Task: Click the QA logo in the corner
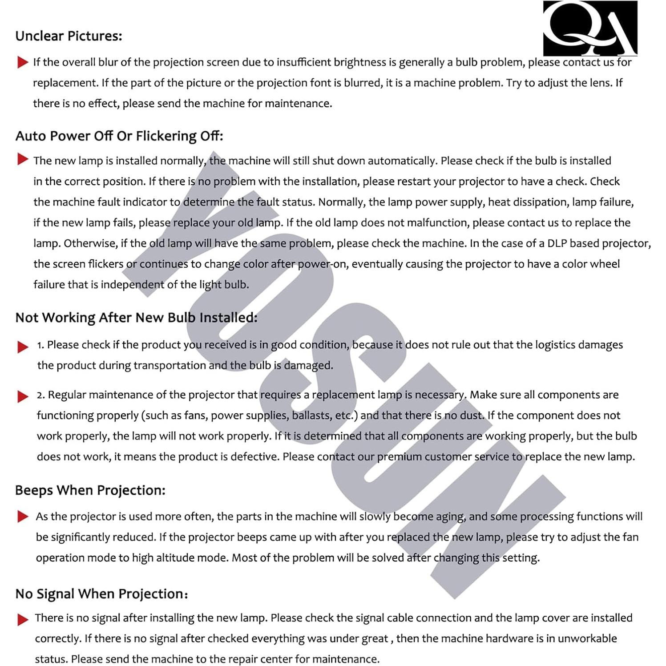pyautogui.click(x=590, y=28)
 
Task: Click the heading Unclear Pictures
pyautogui.click(x=69, y=36)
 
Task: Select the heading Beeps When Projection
pyautogui.click(x=90, y=490)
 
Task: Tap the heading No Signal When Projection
pyautogui.click(x=101, y=594)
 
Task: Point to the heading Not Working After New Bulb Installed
pyautogui.click(x=136, y=318)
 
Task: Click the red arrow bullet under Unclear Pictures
pyautogui.click(x=23, y=62)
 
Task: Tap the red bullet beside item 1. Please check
pyautogui.click(x=23, y=347)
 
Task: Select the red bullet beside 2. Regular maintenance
pyautogui.click(x=23, y=396)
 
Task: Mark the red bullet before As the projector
pyautogui.click(x=23, y=517)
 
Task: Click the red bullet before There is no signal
pyautogui.click(x=23, y=619)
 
